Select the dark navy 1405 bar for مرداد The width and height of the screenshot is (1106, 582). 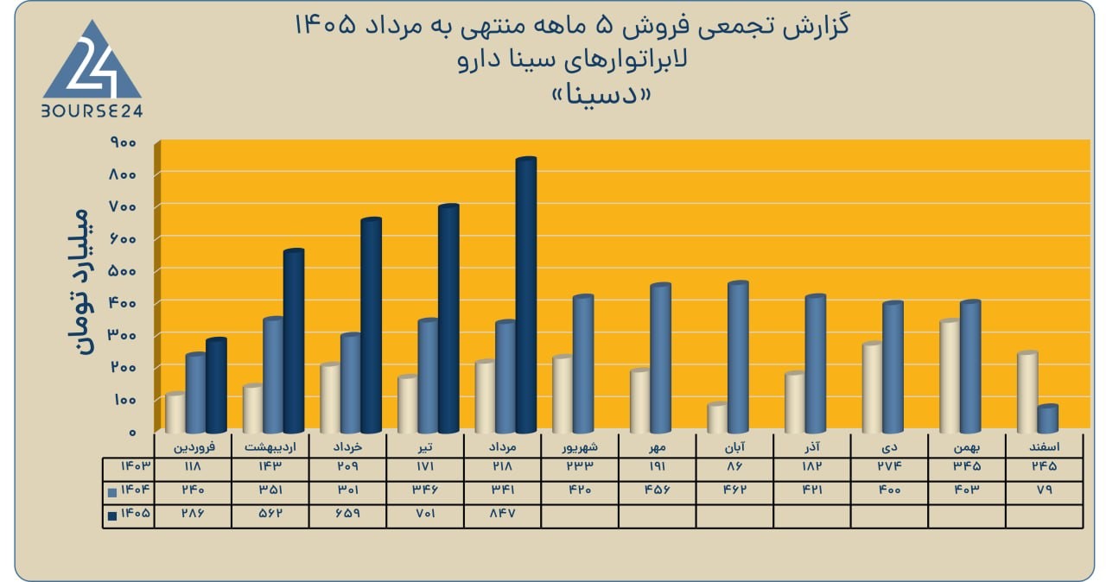pyautogui.click(x=526, y=295)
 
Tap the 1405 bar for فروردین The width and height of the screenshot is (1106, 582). pyautogui.click(x=216, y=385)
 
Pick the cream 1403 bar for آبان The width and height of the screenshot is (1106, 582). pyautogui.click(x=717, y=418)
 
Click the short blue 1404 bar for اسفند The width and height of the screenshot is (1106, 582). pyautogui.click(x=1048, y=419)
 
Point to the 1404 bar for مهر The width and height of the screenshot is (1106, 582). pyautogui.click(x=661, y=358)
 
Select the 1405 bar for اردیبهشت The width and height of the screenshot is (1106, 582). pyautogui.click(x=294, y=341)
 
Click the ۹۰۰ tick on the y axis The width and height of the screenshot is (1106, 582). pyautogui.click(x=124, y=142)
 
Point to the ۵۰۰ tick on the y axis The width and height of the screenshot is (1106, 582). pyautogui.click(x=124, y=271)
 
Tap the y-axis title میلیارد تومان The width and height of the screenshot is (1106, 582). pyautogui.click(x=79, y=282)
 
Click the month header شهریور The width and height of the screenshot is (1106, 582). pyautogui.click(x=580, y=446)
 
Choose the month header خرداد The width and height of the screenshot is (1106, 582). pyautogui.click(x=347, y=446)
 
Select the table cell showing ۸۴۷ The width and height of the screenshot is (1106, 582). pyautogui.click(x=502, y=514)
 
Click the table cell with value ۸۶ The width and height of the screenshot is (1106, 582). pyautogui.click(x=734, y=466)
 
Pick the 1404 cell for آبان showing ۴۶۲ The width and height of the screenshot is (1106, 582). pyautogui.click(x=734, y=490)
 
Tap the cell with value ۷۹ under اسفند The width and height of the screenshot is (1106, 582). pyautogui.click(x=1045, y=490)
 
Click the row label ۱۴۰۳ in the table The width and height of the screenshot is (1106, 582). pyautogui.click(x=136, y=466)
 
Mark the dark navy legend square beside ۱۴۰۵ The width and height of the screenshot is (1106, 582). pyautogui.click(x=112, y=516)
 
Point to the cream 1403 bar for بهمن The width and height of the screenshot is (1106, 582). pyautogui.click(x=950, y=376)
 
